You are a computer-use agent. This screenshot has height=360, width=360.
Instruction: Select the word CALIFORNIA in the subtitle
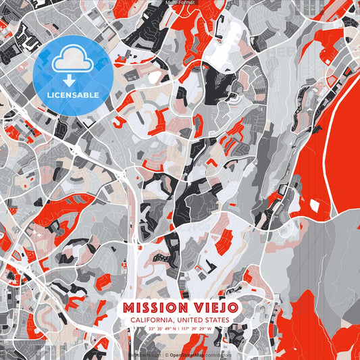tap(150, 320)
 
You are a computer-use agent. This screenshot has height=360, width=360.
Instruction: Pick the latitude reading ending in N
tap(162, 329)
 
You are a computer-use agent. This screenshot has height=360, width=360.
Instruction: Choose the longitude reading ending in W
tap(196, 329)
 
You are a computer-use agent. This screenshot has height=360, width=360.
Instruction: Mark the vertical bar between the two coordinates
tap(179, 329)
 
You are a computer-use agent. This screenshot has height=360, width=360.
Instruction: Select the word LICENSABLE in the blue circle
tap(72, 94)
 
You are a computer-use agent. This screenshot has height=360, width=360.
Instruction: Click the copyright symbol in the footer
tap(165, 354)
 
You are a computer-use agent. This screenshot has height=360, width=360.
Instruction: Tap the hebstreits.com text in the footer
tap(143, 354)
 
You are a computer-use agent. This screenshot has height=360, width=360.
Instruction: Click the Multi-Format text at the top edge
tap(180, 3)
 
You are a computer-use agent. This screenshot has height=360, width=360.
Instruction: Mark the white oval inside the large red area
tap(317, 205)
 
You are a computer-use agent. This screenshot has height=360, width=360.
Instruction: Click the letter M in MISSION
tap(128, 308)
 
